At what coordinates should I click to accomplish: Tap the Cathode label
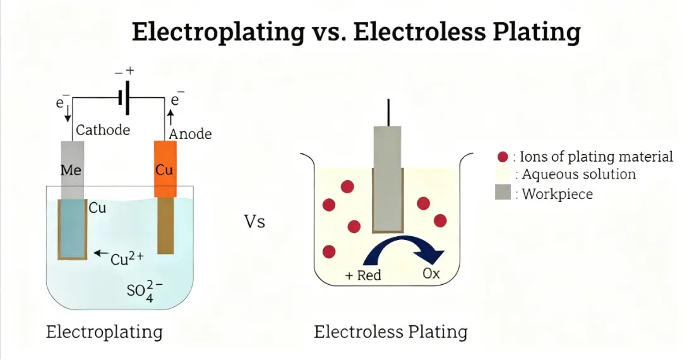(x=103, y=130)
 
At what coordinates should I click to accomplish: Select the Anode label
(x=190, y=134)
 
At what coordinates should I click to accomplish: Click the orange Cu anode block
(x=165, y=169)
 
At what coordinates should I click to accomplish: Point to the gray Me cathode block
(x=72, y=169)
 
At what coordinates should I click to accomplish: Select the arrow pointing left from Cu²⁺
(x=100, y=254)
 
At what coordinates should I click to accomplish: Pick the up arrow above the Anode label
(x=169, y=116)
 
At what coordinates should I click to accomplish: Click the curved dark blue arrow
(x=404, y=248)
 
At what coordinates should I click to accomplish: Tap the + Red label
(x=363, y=275)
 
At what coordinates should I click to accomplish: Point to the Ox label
(x=431, y=275)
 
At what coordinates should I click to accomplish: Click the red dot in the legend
(x=503, y=157)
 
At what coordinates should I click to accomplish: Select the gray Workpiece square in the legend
(x=503, y=193)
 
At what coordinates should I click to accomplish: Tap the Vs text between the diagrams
(x=254, y=222)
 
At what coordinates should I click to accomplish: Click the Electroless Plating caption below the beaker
(x=391, y=332)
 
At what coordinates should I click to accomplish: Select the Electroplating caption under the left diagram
(x=104, y=332)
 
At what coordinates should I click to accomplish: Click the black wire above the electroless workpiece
(x=387, y=112)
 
